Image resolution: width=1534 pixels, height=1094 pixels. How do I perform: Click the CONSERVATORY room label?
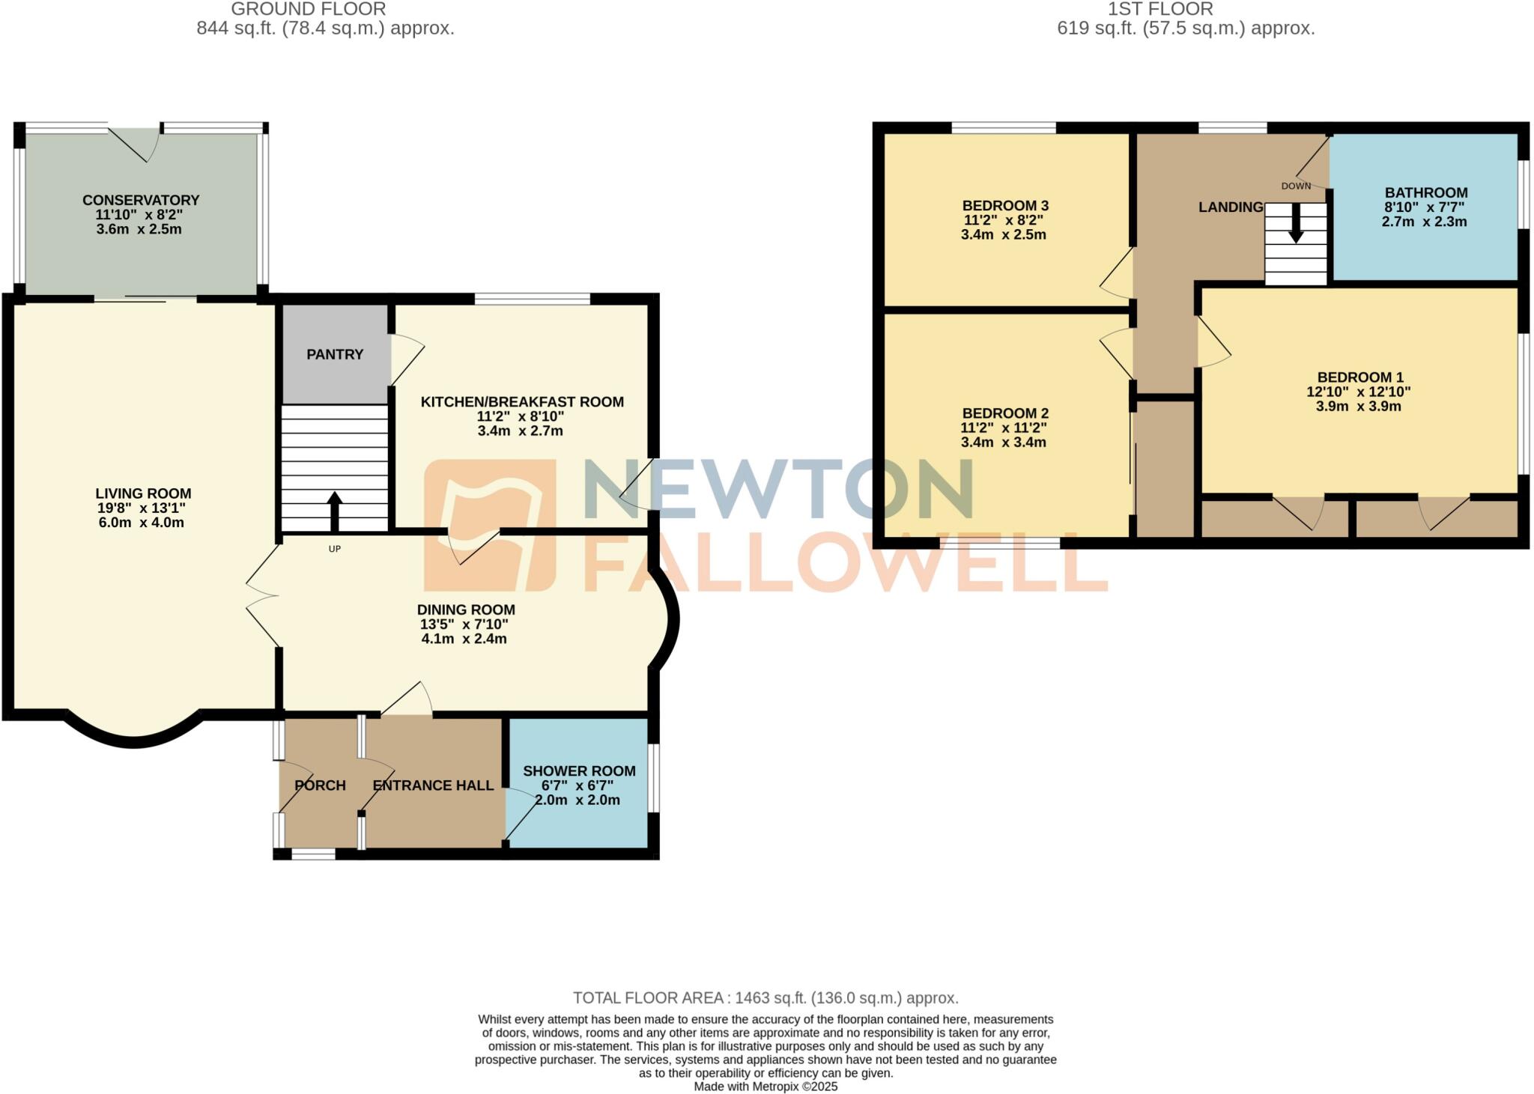(141, 200)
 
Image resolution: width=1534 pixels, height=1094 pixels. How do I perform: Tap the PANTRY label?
(335, 354)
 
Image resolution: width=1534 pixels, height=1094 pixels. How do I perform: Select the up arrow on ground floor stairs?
(334, 510)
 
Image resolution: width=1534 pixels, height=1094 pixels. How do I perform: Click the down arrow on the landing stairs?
(1296, 225)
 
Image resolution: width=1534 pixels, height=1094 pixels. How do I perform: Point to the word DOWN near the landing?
(1296, 186)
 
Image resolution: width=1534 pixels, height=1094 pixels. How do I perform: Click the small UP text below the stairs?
(335, 549)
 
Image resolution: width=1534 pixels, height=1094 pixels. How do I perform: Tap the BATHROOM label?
(1425, 192)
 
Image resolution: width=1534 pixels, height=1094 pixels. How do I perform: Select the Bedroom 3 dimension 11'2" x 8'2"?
(1003, 220)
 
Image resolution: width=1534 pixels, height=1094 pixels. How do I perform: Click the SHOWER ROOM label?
(579, 771)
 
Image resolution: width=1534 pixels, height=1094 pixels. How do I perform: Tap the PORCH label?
(320, 785)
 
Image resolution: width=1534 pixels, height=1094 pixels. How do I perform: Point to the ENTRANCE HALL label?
(433, 785)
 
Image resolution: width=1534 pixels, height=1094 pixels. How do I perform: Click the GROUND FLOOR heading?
(309, 9)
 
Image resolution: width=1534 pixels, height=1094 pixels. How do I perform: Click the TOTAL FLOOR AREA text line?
(766, 997)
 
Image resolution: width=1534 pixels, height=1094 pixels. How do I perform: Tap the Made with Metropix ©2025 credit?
(766, 1087)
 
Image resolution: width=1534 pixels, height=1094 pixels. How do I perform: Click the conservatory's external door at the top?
(135, 142)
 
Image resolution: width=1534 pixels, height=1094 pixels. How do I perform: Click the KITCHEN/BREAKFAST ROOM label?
(522, 402)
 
